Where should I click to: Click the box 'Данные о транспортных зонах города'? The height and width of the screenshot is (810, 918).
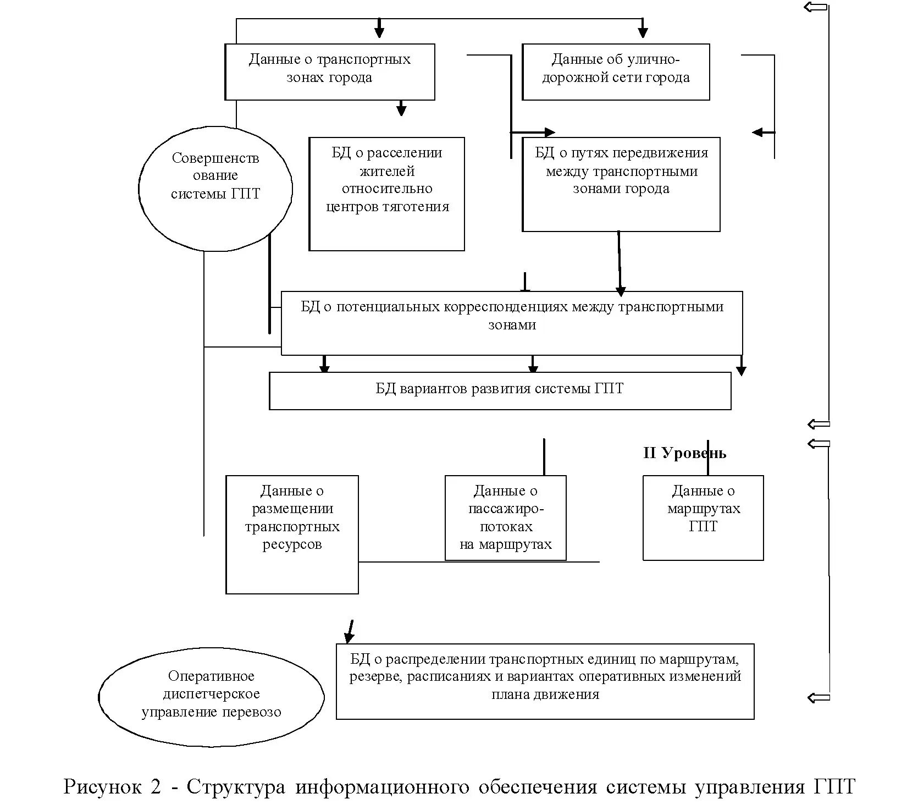coord(329,71)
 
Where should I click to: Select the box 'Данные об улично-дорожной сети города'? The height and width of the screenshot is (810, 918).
coord(616,71)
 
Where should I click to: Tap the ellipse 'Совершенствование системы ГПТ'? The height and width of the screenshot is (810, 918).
coord(215,189)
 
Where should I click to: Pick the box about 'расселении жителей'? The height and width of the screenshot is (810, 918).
coord(387,194)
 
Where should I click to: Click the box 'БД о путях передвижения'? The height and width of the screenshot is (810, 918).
coord(621,184)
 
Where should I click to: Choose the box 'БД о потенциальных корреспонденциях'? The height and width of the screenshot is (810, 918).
coord(512,323)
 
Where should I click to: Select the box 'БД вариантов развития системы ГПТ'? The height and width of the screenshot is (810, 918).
coord(500,390)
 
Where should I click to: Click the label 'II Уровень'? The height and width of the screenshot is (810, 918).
coord(684,453)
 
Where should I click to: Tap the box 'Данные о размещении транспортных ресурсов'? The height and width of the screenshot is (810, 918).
coord(292,534)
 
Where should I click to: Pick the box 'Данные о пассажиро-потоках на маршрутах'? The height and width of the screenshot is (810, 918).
coord(505,517)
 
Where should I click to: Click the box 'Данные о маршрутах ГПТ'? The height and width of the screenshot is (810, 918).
coord(703,517)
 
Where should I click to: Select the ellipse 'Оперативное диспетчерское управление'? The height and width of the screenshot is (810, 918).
coord(211,696)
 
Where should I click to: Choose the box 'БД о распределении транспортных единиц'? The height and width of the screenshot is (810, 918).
coord(545,681)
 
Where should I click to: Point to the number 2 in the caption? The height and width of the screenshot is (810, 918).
coord(154,787)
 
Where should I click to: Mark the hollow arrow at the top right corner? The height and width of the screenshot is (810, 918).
coord(815,7)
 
